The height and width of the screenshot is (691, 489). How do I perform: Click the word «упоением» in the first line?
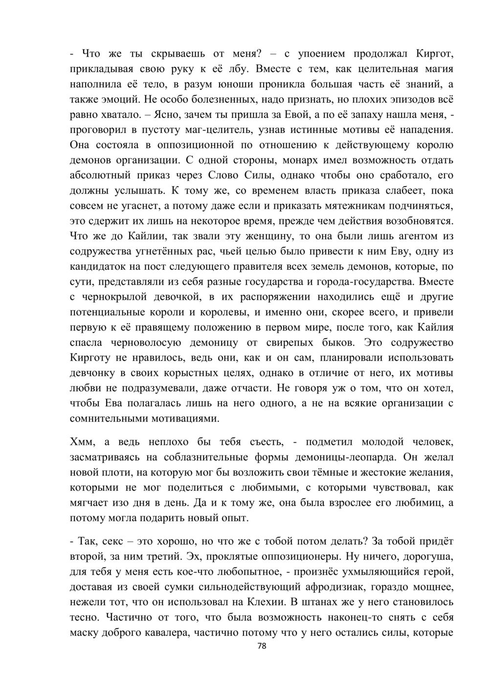click(319, 53)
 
